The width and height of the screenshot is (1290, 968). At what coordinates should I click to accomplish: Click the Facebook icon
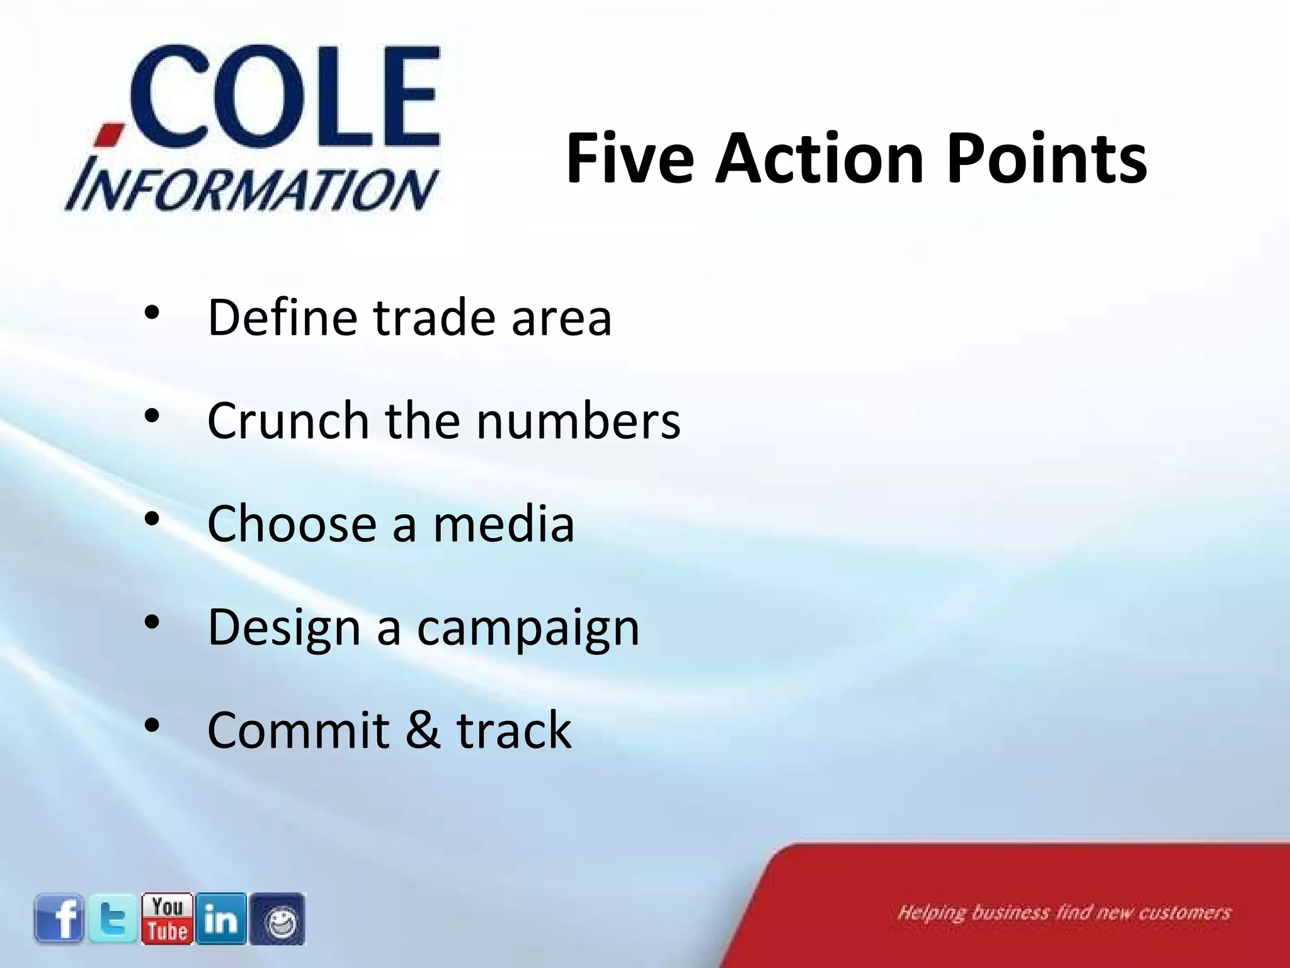point(59,919)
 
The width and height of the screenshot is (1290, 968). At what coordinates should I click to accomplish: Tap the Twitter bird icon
point(113,919)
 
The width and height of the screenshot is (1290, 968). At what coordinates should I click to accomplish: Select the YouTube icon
point(167,919)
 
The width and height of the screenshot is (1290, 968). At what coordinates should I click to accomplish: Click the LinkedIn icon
point(221,919)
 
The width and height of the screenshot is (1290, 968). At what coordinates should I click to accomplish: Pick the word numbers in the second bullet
point(578,420)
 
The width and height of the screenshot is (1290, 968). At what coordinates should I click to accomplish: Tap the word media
point(503,524)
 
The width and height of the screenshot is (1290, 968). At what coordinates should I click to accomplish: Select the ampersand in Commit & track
point(423,730)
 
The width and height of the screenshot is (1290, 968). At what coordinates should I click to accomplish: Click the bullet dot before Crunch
point(152,416)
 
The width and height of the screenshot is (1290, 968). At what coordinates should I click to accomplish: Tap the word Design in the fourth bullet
point(283,627)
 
